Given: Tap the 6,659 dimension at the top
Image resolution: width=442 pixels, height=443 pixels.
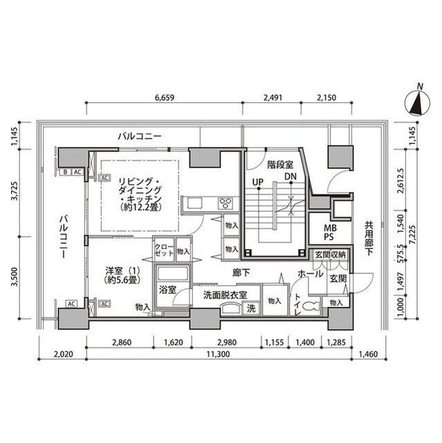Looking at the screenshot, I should [163, 98].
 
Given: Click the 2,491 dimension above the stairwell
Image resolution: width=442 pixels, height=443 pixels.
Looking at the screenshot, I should [273, 98].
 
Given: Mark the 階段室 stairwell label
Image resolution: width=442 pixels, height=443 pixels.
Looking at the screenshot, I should [280, 164].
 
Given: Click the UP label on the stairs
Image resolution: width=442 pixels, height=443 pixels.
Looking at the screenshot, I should [257, 183].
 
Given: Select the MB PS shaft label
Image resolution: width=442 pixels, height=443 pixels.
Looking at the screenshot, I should [330, 232].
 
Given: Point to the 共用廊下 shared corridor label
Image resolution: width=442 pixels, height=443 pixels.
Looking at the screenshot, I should [369, 239].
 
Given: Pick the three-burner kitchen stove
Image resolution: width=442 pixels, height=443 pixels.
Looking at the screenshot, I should [226, 203].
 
